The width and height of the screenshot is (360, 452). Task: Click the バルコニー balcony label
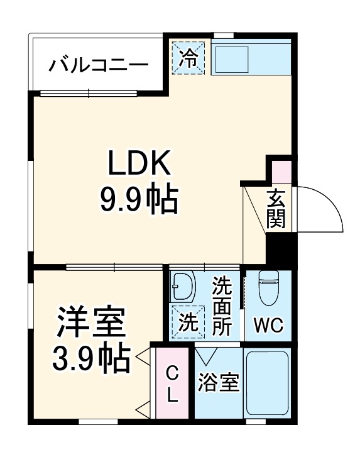click(x=99, y=64)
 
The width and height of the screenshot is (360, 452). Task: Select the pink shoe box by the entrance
click(x=281, y=171)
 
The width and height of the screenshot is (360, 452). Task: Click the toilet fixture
click(x=268, y=290)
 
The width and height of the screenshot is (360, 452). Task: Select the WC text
click(x=268, y=326)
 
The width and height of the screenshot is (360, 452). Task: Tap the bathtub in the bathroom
click(x=268, y=382)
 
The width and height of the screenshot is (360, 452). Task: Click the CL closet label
click(x=172, y=385)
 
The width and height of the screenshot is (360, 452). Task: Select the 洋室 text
click(x=92, y=324)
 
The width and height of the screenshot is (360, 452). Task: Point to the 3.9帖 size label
click(x=92, y=359)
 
